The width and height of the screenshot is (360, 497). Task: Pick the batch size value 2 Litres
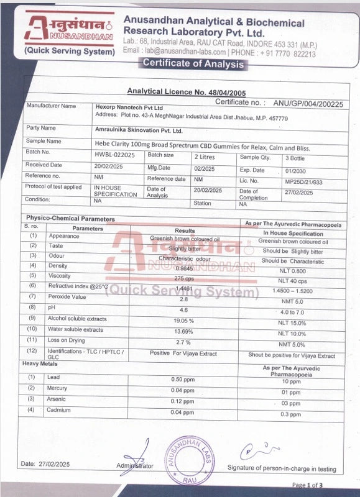click(x=206, y=157)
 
